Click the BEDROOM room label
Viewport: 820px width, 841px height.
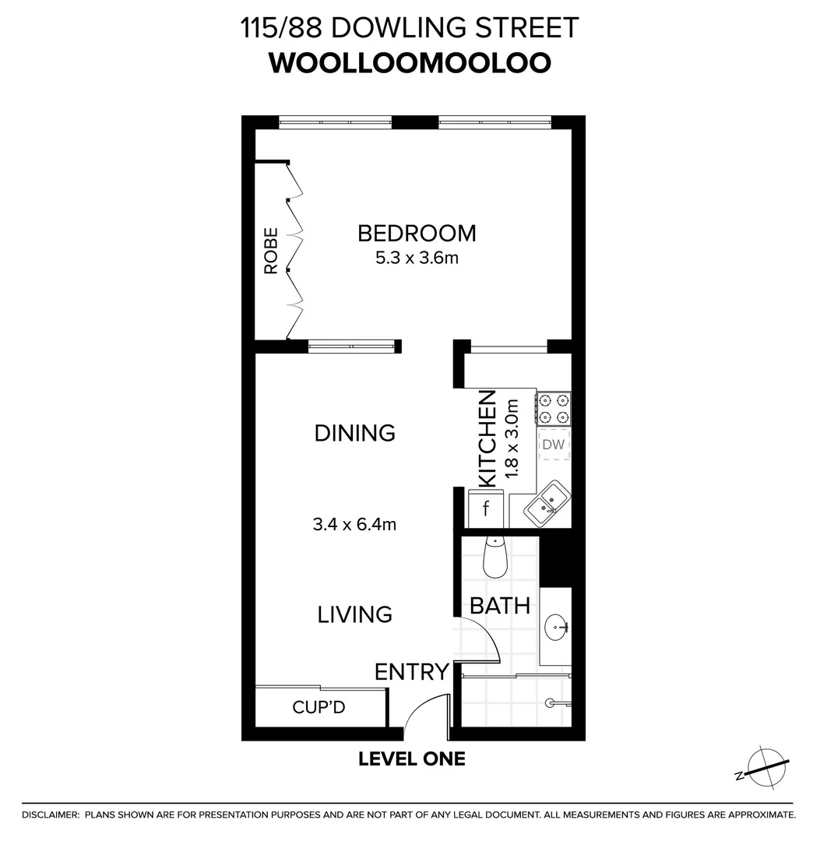coord(417,233)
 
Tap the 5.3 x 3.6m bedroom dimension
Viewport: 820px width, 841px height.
coord(417,258)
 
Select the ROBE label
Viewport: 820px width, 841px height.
coord(271,251)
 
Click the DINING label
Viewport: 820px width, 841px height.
coord(355,433)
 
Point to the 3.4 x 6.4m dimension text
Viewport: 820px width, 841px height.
coord(355,524)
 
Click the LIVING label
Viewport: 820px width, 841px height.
coord(355,614)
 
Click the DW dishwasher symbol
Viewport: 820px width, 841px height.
coord(553,445)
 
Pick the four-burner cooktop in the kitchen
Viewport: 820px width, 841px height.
coord(553,409)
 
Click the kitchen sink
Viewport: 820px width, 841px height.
coord(547,505)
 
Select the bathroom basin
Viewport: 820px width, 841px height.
coord(556,625)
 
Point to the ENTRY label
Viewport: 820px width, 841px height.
coord(412,671)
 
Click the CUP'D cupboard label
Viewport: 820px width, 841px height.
coord(318,708)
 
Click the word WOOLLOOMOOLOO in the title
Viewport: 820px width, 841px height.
coord(410,63)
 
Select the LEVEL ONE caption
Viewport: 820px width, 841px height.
coord(412,758)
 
